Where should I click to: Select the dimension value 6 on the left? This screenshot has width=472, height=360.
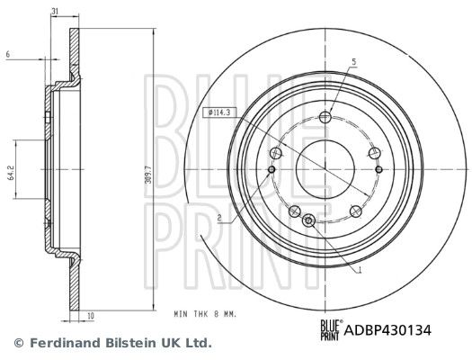tap(7, 56)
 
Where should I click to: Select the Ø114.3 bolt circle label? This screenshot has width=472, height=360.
tap(220, 112)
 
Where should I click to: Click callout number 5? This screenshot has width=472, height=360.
tap(354, 61)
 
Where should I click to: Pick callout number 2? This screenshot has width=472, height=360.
tap(218, 219)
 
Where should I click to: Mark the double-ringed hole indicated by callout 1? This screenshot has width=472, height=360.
tap(309, 218)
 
